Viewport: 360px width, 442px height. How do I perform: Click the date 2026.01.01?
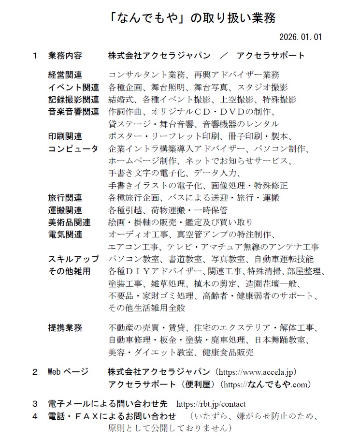coord(301,37)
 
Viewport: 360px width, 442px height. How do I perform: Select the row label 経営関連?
coord(65,75)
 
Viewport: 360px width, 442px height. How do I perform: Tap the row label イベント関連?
coord(73,88)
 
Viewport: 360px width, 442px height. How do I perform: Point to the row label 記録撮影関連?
coord(73,100)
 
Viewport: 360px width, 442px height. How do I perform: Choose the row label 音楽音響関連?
coord(73,112)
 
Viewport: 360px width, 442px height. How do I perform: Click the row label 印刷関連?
coord(65,136)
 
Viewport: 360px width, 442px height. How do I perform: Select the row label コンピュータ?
coord(73,148)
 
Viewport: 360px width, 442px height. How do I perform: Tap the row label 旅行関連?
coord(65,198)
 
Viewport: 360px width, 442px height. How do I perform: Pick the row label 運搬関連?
coord(65,210)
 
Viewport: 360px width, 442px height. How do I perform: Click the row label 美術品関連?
coord(69,222)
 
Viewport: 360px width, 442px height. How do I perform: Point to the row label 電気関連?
coord(65,235)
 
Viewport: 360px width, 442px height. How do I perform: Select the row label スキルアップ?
coord(73,259)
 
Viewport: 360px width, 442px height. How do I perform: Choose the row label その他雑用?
coord(69,271)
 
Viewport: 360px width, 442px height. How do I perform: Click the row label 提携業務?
coord(65,328)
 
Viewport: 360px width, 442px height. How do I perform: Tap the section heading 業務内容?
coord(65,56)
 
